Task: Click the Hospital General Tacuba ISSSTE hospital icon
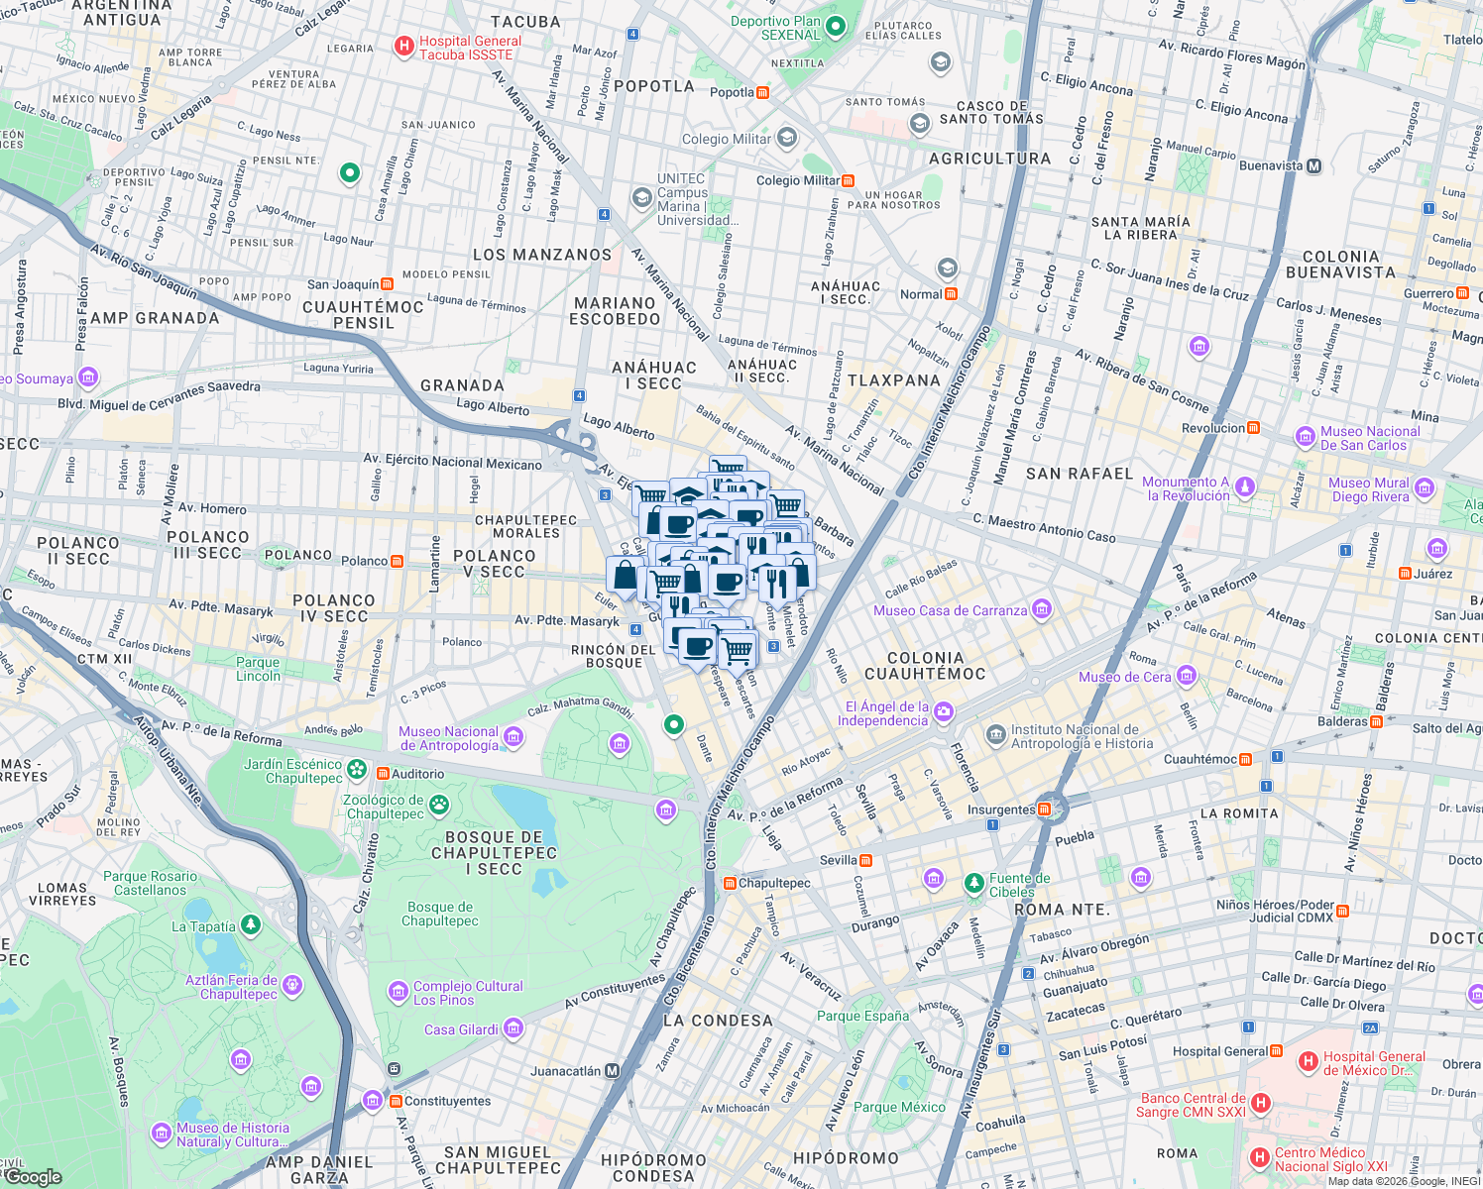point(404,46)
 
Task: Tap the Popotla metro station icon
point(762,93)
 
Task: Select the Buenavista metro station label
point(1270,166)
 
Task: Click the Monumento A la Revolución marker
point(1245,486)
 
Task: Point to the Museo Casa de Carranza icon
point(1041,609)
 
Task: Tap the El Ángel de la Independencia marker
point(944,711)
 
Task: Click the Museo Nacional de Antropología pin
point(513,736)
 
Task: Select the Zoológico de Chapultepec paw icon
point(438,805)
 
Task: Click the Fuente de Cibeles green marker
point(974,882)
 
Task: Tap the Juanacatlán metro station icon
point(612,1071)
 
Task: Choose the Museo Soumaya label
point(38,378)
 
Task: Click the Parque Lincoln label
point(258,670)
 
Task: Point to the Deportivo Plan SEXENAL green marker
point(835,27)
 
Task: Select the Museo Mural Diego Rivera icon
point(1425,487)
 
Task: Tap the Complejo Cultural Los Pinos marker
point(399,991)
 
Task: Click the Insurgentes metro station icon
point(1043,810)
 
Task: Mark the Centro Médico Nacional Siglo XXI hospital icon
point(1259,1157)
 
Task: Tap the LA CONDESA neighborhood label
point(718,1021)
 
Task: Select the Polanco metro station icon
point(397,562)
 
